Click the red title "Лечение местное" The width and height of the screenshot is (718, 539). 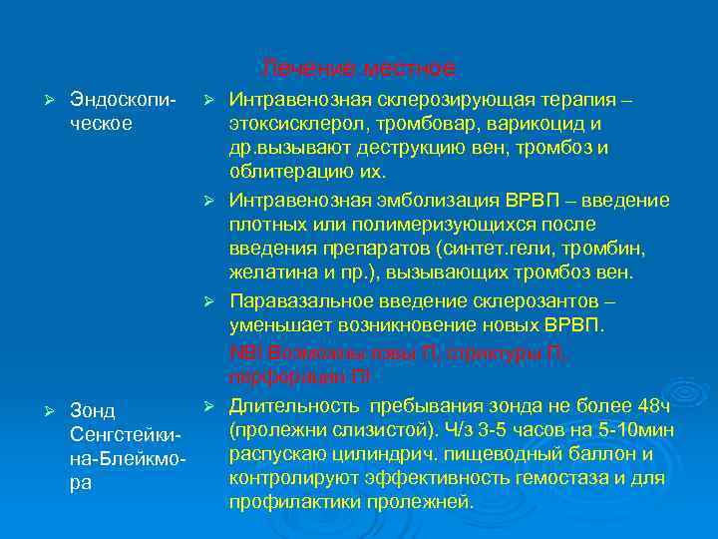tap(359, 69)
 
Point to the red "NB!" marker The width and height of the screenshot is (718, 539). tap(244, 352)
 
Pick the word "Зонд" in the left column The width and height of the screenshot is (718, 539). tap(92, 411)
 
